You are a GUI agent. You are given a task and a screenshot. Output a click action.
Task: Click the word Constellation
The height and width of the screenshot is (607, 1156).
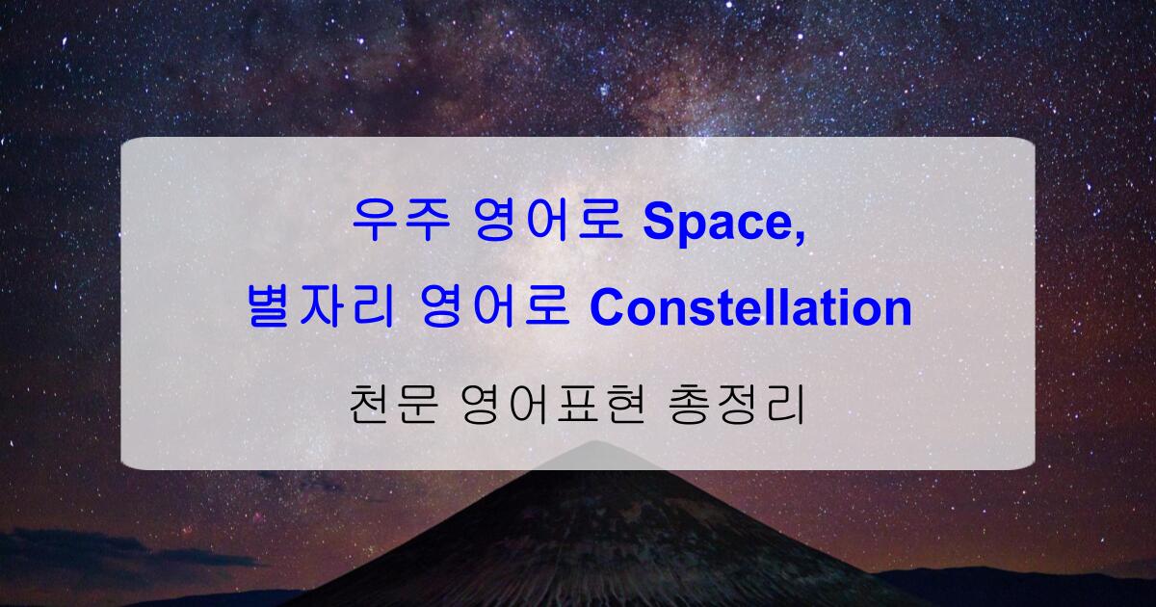pyautogui.click(x=750, y=309)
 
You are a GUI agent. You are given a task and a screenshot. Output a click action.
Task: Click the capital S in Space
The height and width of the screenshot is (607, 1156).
pyautogui.click(x=657, y=223)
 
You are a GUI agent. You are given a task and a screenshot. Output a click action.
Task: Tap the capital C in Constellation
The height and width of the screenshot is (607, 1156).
pyautogui.click(x=605, y=309)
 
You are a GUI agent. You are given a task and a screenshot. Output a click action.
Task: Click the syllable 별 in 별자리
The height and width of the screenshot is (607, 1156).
pyautogui.click(x=268, y=309)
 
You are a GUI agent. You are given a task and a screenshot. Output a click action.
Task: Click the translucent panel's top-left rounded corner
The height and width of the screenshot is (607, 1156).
pyautogui.click(x=128, y=145)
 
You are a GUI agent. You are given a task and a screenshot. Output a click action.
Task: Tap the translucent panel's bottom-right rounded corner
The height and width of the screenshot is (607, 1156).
pyautogui.click(x=1027, y=462)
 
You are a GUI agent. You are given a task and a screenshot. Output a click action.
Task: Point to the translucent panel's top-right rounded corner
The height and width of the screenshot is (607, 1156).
pyautogui.click(x=1027, y=145)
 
